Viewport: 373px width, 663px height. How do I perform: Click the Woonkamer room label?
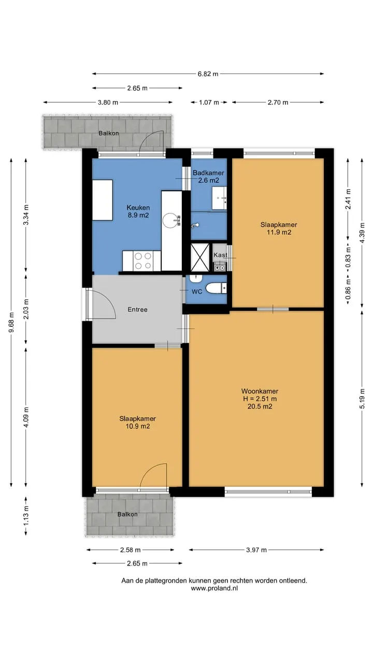[260, 391]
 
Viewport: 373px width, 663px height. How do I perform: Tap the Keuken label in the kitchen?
[138, 208]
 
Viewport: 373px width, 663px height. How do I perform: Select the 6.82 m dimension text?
[208, 74]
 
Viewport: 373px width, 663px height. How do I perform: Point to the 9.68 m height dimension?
[11, 322]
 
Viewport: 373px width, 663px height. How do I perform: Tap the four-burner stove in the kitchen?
[143, 261]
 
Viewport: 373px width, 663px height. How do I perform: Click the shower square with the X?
[200, 257]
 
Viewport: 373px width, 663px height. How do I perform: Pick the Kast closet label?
[220, 255]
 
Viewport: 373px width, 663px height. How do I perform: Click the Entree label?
[137, 310]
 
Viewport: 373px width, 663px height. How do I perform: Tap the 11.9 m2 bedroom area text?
[279, 233]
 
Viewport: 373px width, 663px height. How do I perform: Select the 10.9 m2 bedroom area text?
[138, 426]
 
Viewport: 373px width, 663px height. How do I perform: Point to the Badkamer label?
[208, 172]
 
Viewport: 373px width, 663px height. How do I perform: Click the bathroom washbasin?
[219, 198]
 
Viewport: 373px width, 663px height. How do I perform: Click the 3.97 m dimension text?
[256, 550]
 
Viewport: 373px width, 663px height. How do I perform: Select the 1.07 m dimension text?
[209, 103]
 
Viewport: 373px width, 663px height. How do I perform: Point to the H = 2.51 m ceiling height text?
[260, 399]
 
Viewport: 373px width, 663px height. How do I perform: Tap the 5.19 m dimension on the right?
[362, 398]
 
